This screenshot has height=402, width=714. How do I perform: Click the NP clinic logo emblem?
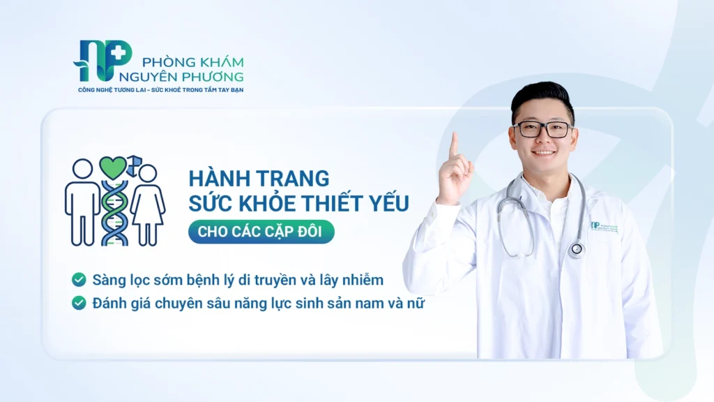(x=103, y=60)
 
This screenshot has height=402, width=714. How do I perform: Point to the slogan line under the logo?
(x=161, y=90)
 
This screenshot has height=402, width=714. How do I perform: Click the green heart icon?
(x=112, y=167)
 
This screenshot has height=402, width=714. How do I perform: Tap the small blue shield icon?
(x=134, y=165)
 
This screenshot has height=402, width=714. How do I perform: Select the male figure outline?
(x=82, y=202)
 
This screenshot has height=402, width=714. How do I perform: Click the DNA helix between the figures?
(x=114, y=213)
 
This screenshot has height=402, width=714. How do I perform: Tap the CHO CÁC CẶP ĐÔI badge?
(x=261, y=232)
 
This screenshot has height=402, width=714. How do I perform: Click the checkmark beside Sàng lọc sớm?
(x=79, y=279)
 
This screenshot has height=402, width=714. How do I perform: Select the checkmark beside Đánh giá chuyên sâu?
(x=79, y=303)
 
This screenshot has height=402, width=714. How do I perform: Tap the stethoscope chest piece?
(x=577, y=249)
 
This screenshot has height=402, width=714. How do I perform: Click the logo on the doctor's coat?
(x=605, y=227)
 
